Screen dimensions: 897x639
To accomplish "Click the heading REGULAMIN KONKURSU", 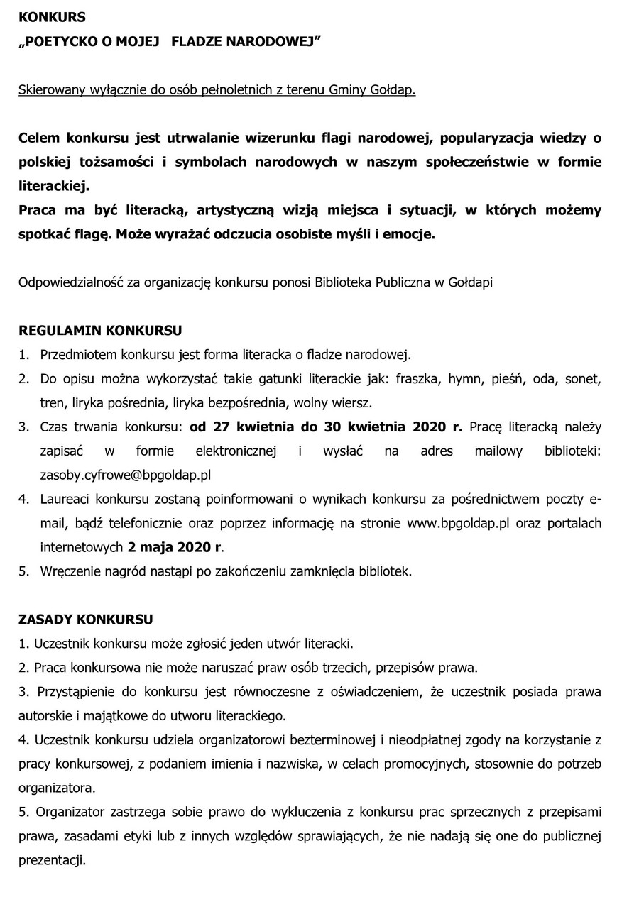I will [x=100, y=330].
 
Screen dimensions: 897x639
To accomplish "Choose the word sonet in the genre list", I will [x=583, y=378].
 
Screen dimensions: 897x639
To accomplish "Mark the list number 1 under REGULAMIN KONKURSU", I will [x=23, y=354].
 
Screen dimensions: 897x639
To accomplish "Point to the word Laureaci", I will [x=65, y=499].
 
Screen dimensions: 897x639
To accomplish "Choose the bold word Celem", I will [x=40, y=138].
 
